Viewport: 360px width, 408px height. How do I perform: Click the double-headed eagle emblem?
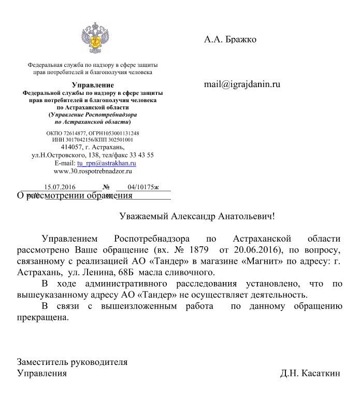94,37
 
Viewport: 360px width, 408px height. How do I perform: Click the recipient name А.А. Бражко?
230,39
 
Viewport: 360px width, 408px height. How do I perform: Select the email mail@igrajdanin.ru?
242,84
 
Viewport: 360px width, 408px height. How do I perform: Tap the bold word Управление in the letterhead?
93,85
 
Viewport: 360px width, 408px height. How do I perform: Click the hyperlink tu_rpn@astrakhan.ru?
106,163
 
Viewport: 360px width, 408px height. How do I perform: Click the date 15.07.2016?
60,187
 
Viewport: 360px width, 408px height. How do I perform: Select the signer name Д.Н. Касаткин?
310,373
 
